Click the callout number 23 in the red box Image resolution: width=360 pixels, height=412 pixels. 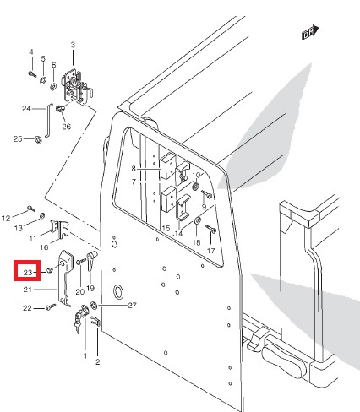point(28,272)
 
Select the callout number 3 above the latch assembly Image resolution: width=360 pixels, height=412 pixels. point(73,45)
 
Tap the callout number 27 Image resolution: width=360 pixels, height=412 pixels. point(132,305)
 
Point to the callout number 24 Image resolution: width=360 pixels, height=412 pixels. point(26,108)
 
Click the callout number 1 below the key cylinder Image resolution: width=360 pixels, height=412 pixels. point(85,356)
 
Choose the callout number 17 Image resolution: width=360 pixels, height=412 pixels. point(210,250)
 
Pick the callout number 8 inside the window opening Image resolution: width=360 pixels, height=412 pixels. point(134,168)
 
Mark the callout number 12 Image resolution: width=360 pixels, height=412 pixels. point(6,218)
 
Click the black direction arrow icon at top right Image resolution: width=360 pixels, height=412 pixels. point(310,33)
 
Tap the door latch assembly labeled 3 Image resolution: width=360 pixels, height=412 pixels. point(77,87)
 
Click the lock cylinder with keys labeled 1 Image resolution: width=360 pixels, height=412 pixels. point(80,317)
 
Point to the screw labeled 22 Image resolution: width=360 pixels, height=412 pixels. point(51,306)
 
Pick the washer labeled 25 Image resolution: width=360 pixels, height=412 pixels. point(38,139)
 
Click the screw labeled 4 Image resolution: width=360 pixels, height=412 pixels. point(32,74)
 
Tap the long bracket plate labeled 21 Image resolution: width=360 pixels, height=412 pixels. point(65,278)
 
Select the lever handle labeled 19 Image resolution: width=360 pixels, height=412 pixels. point(91,261)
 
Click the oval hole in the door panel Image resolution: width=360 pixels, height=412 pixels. point(117,291)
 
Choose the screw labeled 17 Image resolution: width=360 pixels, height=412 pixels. point(210,229)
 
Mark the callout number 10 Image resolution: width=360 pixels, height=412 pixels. point(196,175)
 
